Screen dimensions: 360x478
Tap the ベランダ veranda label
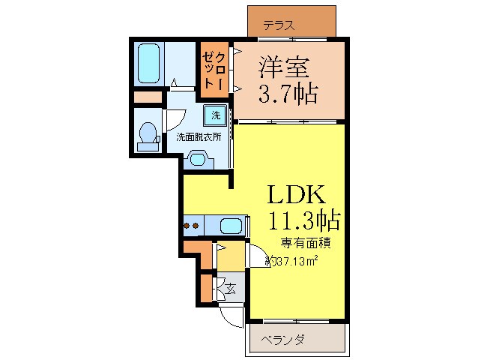282,340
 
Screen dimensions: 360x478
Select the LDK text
297,195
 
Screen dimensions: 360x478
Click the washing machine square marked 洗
215,115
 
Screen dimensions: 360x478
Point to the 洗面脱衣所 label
199,137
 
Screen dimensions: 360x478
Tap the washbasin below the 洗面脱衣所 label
198,158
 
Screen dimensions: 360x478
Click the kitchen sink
232,225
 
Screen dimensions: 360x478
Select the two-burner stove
191,225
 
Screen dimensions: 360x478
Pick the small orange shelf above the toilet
148,97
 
